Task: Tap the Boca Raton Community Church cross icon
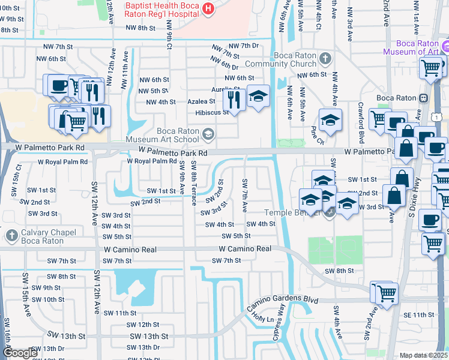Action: click(x=325, y=59)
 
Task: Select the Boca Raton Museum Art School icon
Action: click(x=208, y=133)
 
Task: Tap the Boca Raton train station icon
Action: click(x=423, y=98)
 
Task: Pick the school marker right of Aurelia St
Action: click(x=258, y=96)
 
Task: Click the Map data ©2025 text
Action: click(x=424, y=355)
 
